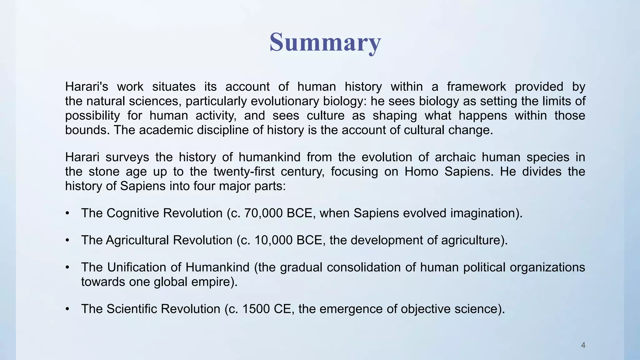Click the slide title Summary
coord(325,43)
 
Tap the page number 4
coord(583,345)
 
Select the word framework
coord(476,87)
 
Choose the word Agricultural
coord(137,240)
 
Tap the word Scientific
coord(132,309)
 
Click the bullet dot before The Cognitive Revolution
coord(67,214)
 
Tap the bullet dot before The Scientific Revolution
coord(67,309)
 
